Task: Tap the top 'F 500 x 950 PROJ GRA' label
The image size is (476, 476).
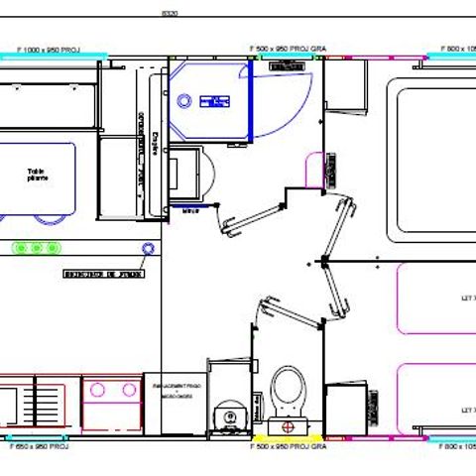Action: (288, 48)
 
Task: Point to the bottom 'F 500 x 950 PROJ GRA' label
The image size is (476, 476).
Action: (288, 447)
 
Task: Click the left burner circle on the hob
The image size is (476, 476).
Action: (98, 391)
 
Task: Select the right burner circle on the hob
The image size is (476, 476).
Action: (127, 391)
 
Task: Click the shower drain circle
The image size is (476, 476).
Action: (184, 99)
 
